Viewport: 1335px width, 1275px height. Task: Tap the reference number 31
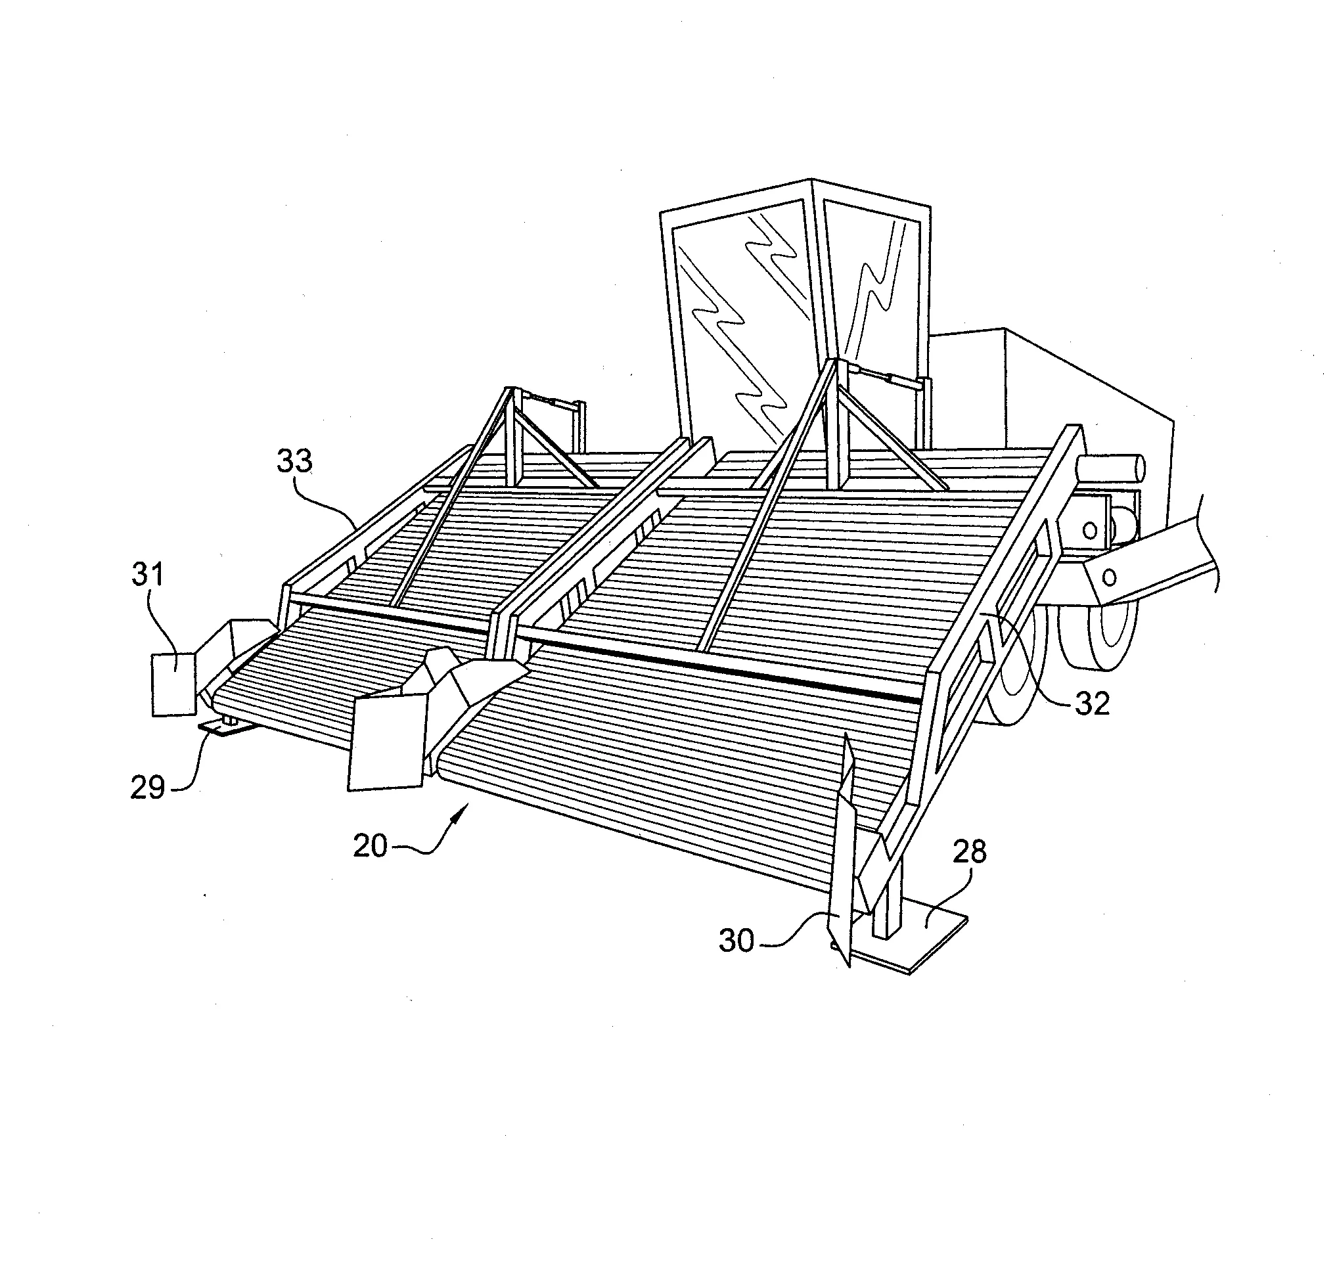pyautogui.click(x=148, y=574)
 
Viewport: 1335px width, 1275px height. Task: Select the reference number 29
pyautogui.click(x=148, y=787)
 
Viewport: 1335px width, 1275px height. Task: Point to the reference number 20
pyautogui.click(x=371, y=846)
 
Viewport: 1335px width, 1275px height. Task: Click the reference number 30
pyautogui.click(x=737, y=941)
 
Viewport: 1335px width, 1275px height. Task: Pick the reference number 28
pyautogui.click(x=969, y=851)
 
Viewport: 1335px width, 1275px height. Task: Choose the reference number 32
pyautogui.click(x=1092, y=704)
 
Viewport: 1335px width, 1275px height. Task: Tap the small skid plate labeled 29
pyautogui.click(x=227, y=728)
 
